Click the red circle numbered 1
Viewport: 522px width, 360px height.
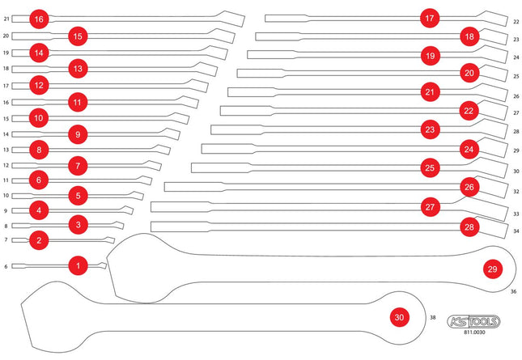[79, 265]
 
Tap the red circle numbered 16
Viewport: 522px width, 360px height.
[39, 19]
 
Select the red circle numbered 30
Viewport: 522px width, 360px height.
[400, 317]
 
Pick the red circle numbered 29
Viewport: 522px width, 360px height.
[493, 269]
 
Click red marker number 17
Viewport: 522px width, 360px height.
[430, 18]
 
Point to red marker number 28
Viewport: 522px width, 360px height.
[469, 227]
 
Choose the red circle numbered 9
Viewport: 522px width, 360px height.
[78, 134]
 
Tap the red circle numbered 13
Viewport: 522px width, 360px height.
[78, 69]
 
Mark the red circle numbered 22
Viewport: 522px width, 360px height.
[469, 111]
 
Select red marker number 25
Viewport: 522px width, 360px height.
[430, 167]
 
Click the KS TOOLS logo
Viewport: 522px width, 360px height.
[473, 321]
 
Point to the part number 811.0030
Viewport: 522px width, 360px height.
[474, 332]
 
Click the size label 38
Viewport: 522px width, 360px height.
[432, 317]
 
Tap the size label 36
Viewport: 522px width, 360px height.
[514, 291]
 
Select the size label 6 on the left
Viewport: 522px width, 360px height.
[6, 266]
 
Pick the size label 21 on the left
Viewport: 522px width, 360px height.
[6, 19]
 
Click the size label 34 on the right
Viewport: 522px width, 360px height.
[516, 231]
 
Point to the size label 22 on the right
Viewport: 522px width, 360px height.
[516, 22]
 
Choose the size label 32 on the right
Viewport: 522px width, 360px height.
[516, 192]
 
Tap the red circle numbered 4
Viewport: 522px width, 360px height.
[39, 210]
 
